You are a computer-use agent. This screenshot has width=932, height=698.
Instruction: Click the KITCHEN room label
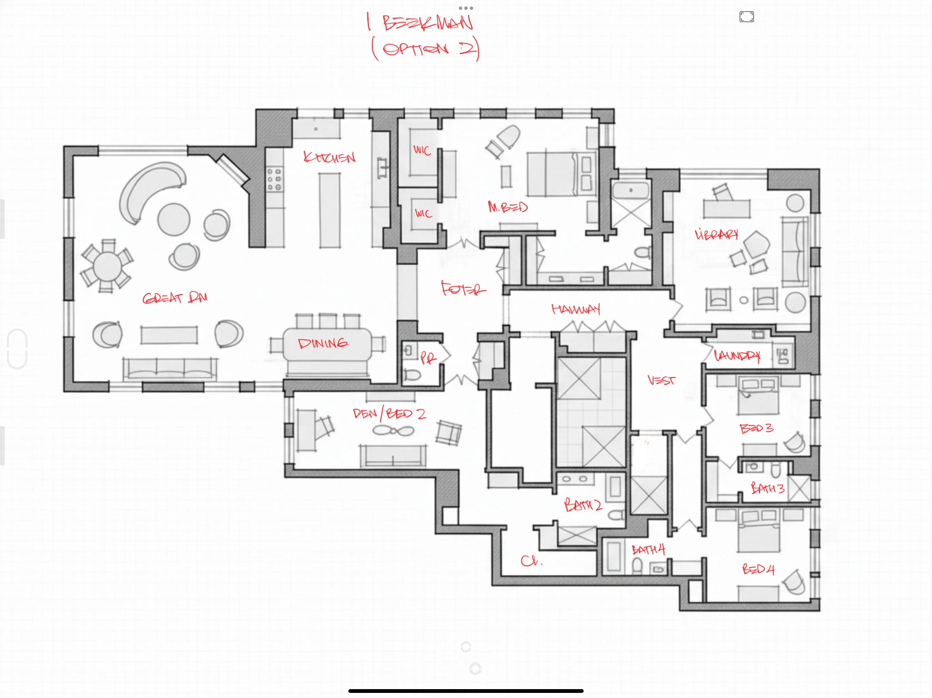point(330,157)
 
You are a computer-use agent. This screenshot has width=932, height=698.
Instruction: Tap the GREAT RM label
point(175,298)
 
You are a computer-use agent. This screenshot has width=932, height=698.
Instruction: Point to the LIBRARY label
point(716,234)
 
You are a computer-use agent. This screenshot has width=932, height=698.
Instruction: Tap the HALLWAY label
point(576,309)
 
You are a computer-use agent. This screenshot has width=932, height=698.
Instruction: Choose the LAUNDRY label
point(737,356)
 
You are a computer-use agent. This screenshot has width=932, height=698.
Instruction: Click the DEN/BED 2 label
point(389,413)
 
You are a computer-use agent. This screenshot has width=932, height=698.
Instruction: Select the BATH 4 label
point(648,550)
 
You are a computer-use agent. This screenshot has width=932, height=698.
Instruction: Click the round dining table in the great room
point(107,266)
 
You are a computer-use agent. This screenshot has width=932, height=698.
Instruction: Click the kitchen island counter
point(330,211)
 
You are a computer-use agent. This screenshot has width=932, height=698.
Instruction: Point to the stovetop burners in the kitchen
point(274,179)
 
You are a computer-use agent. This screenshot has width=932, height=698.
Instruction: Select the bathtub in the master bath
point(630,190)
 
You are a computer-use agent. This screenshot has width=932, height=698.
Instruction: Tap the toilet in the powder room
point(412,374)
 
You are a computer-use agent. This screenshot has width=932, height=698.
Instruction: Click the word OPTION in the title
point(415,49)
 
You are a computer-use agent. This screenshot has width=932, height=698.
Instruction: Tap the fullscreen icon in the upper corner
point(746,17)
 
